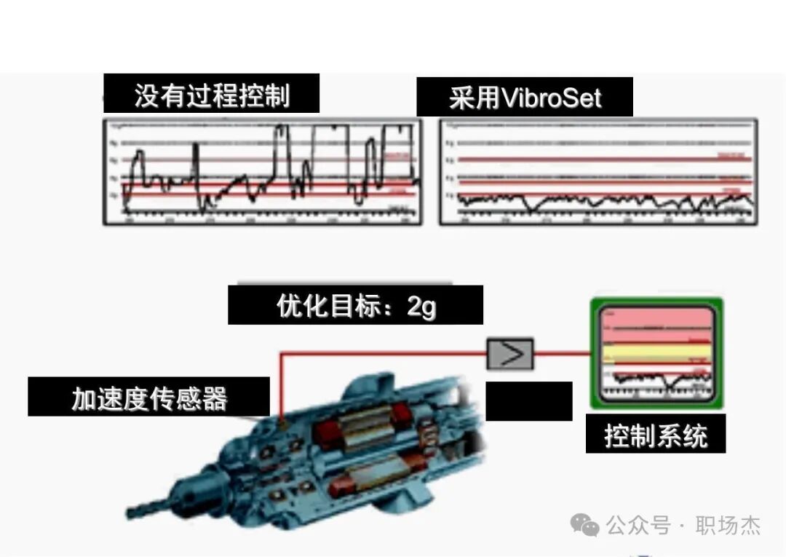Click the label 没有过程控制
[211, 95]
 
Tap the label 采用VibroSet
[525, 98]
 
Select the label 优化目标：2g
[355, 305]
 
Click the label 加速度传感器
[149, 398]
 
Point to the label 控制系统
[655, 435]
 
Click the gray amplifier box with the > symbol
[510, 355]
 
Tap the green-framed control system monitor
[656, 354]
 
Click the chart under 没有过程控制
[261, 172]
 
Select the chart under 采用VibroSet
[598, 172]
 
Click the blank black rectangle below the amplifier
[528, 401]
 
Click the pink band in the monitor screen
[655, 320]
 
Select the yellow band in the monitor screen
[655, 352]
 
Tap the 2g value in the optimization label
[421, 307]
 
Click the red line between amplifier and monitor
[561, 355]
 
